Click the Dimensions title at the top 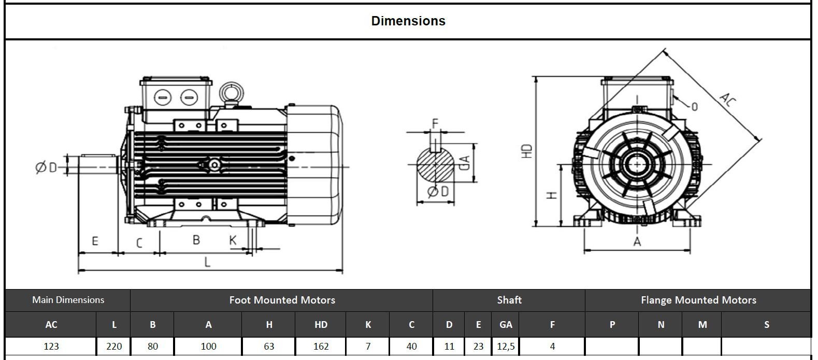point(408,21)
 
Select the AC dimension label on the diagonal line point(727,99)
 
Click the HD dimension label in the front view point(527,151)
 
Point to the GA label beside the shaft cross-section point(465,163)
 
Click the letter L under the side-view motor point(208,262)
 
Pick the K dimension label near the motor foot point(233,240)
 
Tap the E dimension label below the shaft point(95,241)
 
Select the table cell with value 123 point(51,347)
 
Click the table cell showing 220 point(114,347)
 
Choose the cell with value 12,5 point(506,347)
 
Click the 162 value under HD point(321,347)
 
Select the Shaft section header point(509,300)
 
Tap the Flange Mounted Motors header point(698,300)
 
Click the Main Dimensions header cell point(68,300)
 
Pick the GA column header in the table point(506,325)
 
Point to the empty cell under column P point(612,347)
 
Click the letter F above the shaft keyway point(435,123)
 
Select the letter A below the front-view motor point(637,242)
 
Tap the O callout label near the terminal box point(695,107)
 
